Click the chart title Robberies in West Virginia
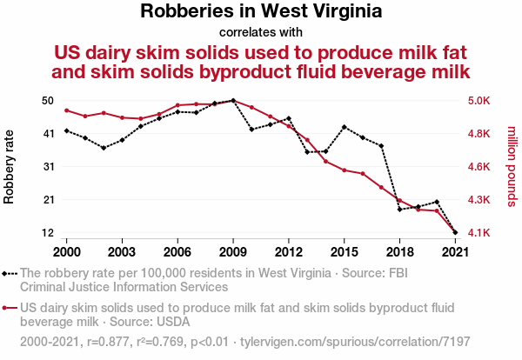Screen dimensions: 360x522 [x=261, y=12]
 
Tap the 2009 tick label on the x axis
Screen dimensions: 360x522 [x=233, y=252]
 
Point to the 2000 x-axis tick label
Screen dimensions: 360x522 [x=66, y=252]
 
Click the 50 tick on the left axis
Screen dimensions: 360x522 [x=48, y=101]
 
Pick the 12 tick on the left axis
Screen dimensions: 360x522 [x=48, y=233]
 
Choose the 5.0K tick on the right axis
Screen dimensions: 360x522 [x=479, y=101]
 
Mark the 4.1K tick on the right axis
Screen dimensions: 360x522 [x=479, y=233]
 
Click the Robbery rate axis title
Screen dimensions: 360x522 [x=10, y=167]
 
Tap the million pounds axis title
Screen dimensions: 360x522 [x=512, y=167]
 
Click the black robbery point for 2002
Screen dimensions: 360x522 [x=104, y=148]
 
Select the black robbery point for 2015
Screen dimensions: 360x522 [x=345, y=127]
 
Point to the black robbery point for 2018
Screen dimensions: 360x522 [x=400, y=210]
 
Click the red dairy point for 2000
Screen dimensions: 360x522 [x=67, y=110]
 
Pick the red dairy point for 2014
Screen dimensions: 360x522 [x=326, y=162]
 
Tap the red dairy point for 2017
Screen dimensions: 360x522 [x=381, y=187]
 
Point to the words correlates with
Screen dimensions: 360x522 [x=261, y=32]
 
